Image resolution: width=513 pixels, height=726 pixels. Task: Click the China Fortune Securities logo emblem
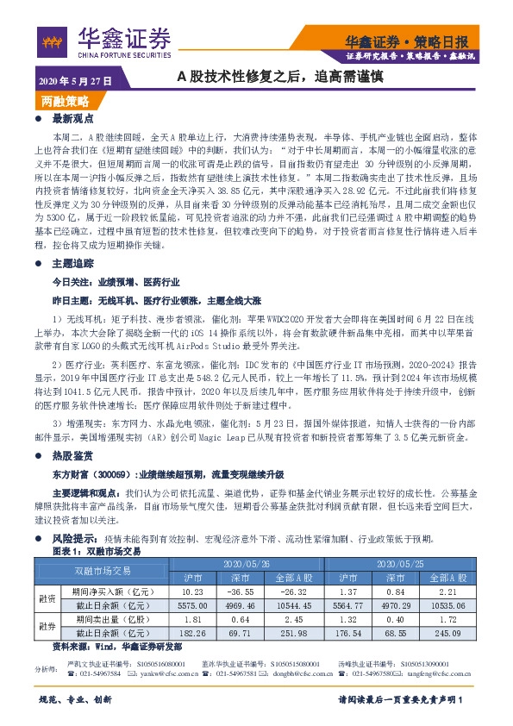click(53, 39)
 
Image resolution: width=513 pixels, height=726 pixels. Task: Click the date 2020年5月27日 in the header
click(75, 80)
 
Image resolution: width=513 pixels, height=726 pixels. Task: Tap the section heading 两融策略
click(65, 101)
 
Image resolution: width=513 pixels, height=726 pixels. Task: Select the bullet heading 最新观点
click(72, 118)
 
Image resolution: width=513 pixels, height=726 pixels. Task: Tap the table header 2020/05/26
click(245, 562)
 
